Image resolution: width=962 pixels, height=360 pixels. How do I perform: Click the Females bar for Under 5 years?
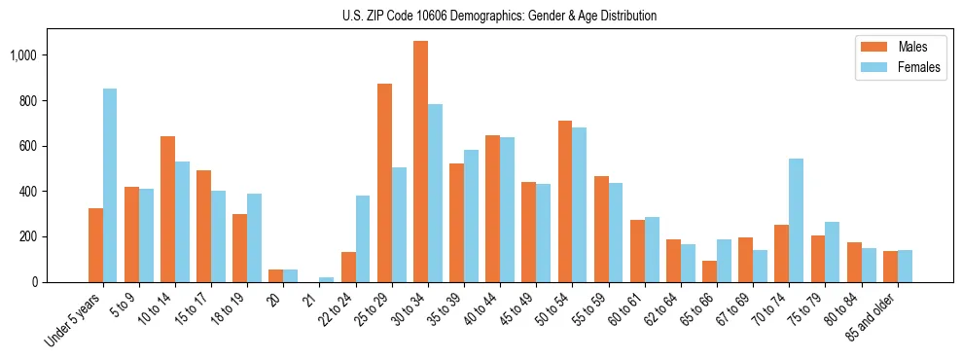[x=110, y=185]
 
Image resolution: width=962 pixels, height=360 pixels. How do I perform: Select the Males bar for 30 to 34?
[x=420, y=162]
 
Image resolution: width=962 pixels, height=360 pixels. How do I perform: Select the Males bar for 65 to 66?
[x=709, y=271]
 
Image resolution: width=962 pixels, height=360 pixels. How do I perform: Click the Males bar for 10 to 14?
[x=167, y=209]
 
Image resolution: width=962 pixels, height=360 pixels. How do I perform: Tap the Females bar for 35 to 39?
[x=471, y=216]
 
